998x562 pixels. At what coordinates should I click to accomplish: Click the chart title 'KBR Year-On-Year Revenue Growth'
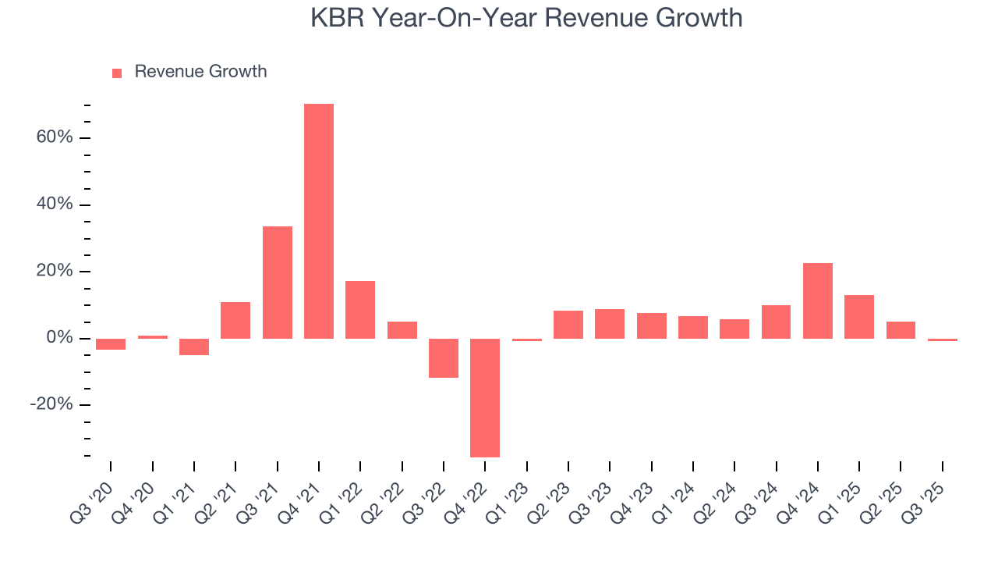(526, 17)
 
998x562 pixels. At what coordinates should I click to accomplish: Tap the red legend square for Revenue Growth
(117, 73)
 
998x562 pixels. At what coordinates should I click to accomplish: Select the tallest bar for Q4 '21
(319, 221)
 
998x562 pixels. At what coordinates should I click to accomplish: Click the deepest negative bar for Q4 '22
(485, 397)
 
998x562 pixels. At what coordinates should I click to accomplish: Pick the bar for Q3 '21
(278, 282)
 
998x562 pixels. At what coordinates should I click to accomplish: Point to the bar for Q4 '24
(817, 301)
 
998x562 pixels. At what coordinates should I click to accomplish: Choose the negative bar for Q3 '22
(444, 357)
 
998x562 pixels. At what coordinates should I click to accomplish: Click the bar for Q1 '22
(360, 309)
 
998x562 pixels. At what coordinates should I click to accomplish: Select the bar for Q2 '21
(235, 320)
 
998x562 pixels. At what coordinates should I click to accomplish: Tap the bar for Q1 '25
(859, 316)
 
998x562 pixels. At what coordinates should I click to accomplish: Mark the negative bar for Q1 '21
(194, 347)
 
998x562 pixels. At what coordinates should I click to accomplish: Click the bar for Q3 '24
(776, 322)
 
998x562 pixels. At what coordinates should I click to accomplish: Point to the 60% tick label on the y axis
(55, 137)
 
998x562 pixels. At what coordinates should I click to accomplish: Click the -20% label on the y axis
(51, 405)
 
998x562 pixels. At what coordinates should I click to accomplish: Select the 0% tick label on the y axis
(59, 338)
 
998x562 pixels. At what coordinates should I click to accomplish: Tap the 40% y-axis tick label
(55, 205)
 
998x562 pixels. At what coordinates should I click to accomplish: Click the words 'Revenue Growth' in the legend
(200, 72)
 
